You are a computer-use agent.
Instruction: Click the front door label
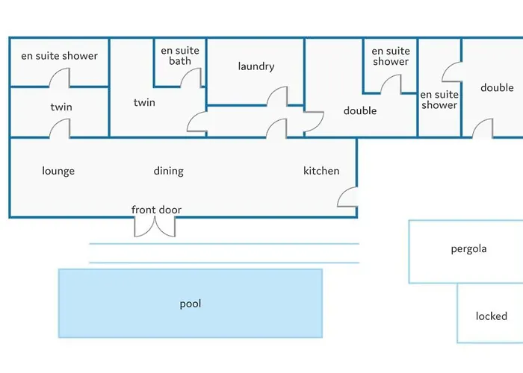[156, 210]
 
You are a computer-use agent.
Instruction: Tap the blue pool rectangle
[191, 304]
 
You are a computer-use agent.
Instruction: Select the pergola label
[468, 248]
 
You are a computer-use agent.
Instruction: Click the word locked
[491, 316]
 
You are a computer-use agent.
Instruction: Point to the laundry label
[256, 66]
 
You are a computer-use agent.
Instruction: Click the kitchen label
[321, 171]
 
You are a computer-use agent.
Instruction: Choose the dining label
[168, 171]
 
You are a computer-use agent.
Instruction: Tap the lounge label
[58, 171]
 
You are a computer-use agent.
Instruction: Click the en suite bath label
[179, 56]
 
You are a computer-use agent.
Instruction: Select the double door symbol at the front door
[155, 226]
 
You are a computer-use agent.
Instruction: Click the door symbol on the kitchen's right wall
[347, 197]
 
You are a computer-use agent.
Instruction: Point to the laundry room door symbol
[278, 96]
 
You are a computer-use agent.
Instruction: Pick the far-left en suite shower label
[59, 56]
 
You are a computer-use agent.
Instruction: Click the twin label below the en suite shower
[61, 107]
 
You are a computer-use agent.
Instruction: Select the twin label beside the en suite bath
[144, 102]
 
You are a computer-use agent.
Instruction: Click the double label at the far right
[497, 88]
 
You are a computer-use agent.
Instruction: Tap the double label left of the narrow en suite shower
[359, 111]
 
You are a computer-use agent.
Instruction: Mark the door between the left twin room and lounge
[61, 128]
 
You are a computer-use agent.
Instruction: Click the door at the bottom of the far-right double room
[483, 128]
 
